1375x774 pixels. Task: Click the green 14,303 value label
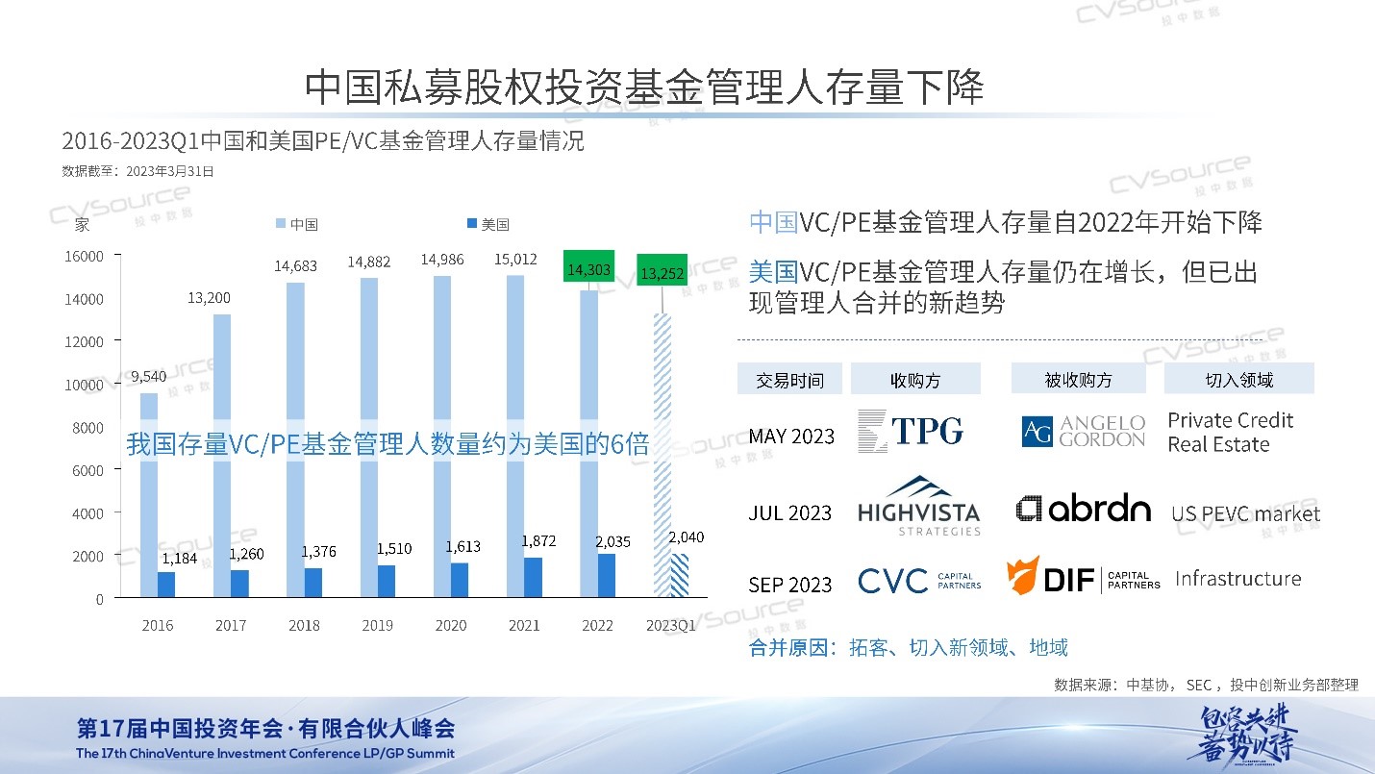pyautogui.click(x=588, y=270)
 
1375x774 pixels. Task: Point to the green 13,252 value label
pyautogui.click(x=662, y=274)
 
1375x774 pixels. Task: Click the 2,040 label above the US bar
pyautogui.click(x=686, y=537)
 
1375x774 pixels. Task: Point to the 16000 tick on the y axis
pyautogui.click(x=86, y=256)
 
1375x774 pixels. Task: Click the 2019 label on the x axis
pyautogui.click(x=377, y=626)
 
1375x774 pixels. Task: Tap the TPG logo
pyautogui.click(x=911, y=431)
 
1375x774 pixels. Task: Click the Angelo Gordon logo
pyautogui.click(x=1084, y=432)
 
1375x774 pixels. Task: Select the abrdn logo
pyautogui.click(x=1084, y=509)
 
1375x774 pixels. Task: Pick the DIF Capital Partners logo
pyautogui.click(x=1084, y=577)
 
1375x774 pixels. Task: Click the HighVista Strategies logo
pyautogui.click(x=918, y=506)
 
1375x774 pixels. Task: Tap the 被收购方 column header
pyautogui.click(x=1078, y=380)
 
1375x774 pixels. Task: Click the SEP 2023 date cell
pyautogui.click(x=791, y=585)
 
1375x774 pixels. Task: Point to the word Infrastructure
pyautogui.click(x=1237, y=579)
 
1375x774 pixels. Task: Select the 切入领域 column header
pyautogui.click(x=1238, y=380)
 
